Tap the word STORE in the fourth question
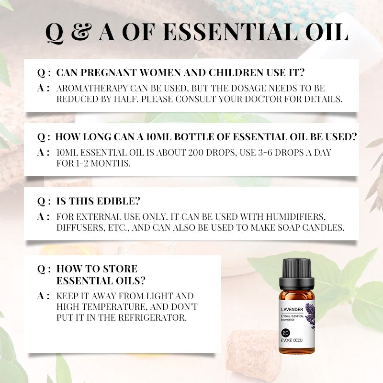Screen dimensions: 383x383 pos(120,269)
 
